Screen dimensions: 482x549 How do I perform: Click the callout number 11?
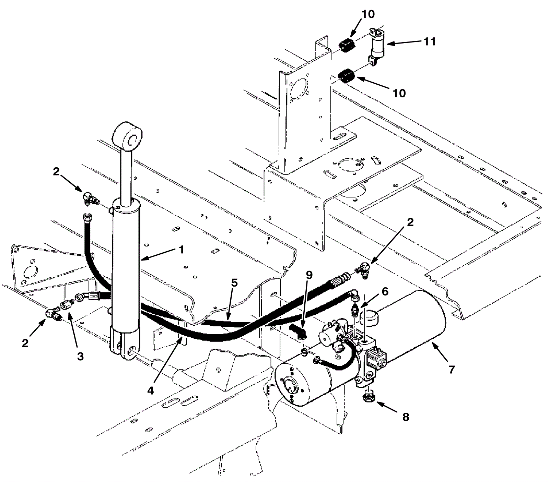tap(430, 42)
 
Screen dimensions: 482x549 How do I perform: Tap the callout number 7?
tap(452, 369)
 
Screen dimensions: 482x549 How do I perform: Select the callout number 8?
tap(406, 417)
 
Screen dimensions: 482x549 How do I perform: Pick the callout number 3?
tap(80, 356)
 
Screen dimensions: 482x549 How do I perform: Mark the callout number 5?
tap(234, 284)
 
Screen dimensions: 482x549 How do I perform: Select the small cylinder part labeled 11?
tap(378, 46)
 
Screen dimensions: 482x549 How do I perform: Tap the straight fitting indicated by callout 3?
tap(65, 305)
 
